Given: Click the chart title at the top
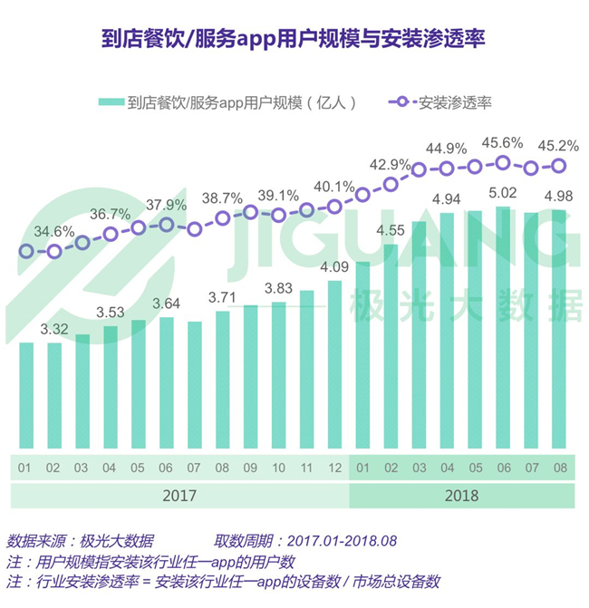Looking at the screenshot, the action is click(x=294, y=39).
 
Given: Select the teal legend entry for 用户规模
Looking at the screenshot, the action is click(x=227, y=102).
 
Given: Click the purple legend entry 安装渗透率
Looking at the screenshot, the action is click(x=440, y=102).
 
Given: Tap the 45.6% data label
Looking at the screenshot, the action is click(x=502, y=143).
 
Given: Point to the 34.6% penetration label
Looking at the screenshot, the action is click(x=53, y=231).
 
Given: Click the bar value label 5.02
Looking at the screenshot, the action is click(x=503, y=193).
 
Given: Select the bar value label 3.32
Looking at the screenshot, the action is click(x=54, y=329).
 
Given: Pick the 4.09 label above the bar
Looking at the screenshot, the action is click(x=334, y=266).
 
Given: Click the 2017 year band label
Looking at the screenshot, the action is click(x=179, y=496).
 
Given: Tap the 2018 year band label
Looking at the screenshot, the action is click(x=461, y=496).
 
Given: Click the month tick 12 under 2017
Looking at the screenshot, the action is click(x=334, y=468).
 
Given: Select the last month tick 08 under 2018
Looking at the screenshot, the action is click(x=560, y=468).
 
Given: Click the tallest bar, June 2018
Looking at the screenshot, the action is click(x=503, y=328).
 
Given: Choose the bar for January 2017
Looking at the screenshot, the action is click(x=26, y=395).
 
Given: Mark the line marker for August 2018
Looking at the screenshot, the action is click(x=559, y=166).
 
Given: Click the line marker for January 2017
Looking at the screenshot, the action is click(x=26, y=251).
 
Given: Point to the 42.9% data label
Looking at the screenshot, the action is click(x=390, y=165).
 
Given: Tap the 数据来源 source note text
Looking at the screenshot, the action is click(x=81, y=541).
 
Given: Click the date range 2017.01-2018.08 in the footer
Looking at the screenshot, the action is click(x=342, y=541).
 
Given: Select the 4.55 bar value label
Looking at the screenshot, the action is click(x=391, y=230).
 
